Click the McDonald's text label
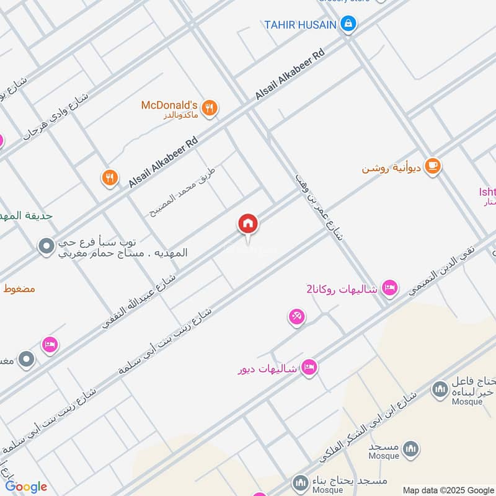pyautogui.click(x=169, y=105)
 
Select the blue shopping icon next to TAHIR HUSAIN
pyautogui.click(x=349, y=24)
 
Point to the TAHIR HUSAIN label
pyautogui.click(x=300, y=25)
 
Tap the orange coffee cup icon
pyautogui.click(x=433, y=166)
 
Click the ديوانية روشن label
pyautogui.click(x=392, y=168)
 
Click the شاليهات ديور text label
pyautogui.click(x=268, y=370)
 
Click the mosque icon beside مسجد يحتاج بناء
pyautogui.click(x=301, y=482)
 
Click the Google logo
pyautogui.click(x=26, y=487)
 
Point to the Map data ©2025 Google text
pyautogui.click(x=448, y=489)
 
